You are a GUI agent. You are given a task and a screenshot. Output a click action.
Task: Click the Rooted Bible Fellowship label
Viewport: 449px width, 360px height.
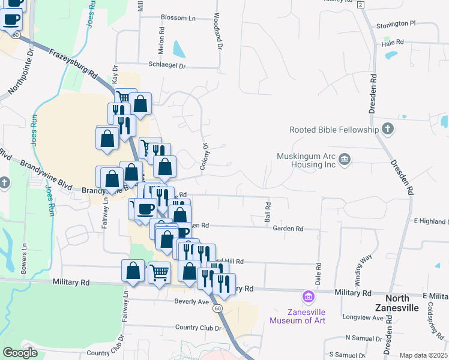334,130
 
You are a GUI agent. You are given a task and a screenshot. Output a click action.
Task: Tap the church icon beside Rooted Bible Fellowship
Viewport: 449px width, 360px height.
388,129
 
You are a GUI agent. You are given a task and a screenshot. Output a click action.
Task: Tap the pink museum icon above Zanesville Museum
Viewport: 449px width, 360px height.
308,297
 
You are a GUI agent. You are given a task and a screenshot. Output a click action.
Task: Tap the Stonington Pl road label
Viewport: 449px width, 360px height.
396,23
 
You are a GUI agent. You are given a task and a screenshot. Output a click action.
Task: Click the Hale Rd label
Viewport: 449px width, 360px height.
393,43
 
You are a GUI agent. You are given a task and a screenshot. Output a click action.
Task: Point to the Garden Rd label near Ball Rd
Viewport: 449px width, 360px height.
288,229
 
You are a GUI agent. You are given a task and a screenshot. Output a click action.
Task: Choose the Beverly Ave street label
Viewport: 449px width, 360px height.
191,301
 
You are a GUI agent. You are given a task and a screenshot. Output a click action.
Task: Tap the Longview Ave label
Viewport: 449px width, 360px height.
364,317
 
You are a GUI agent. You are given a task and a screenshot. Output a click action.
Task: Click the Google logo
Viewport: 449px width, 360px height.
20,353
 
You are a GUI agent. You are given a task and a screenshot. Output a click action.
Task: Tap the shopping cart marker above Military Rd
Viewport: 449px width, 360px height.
159,273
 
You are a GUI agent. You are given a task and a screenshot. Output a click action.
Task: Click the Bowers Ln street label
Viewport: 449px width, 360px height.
24,257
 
